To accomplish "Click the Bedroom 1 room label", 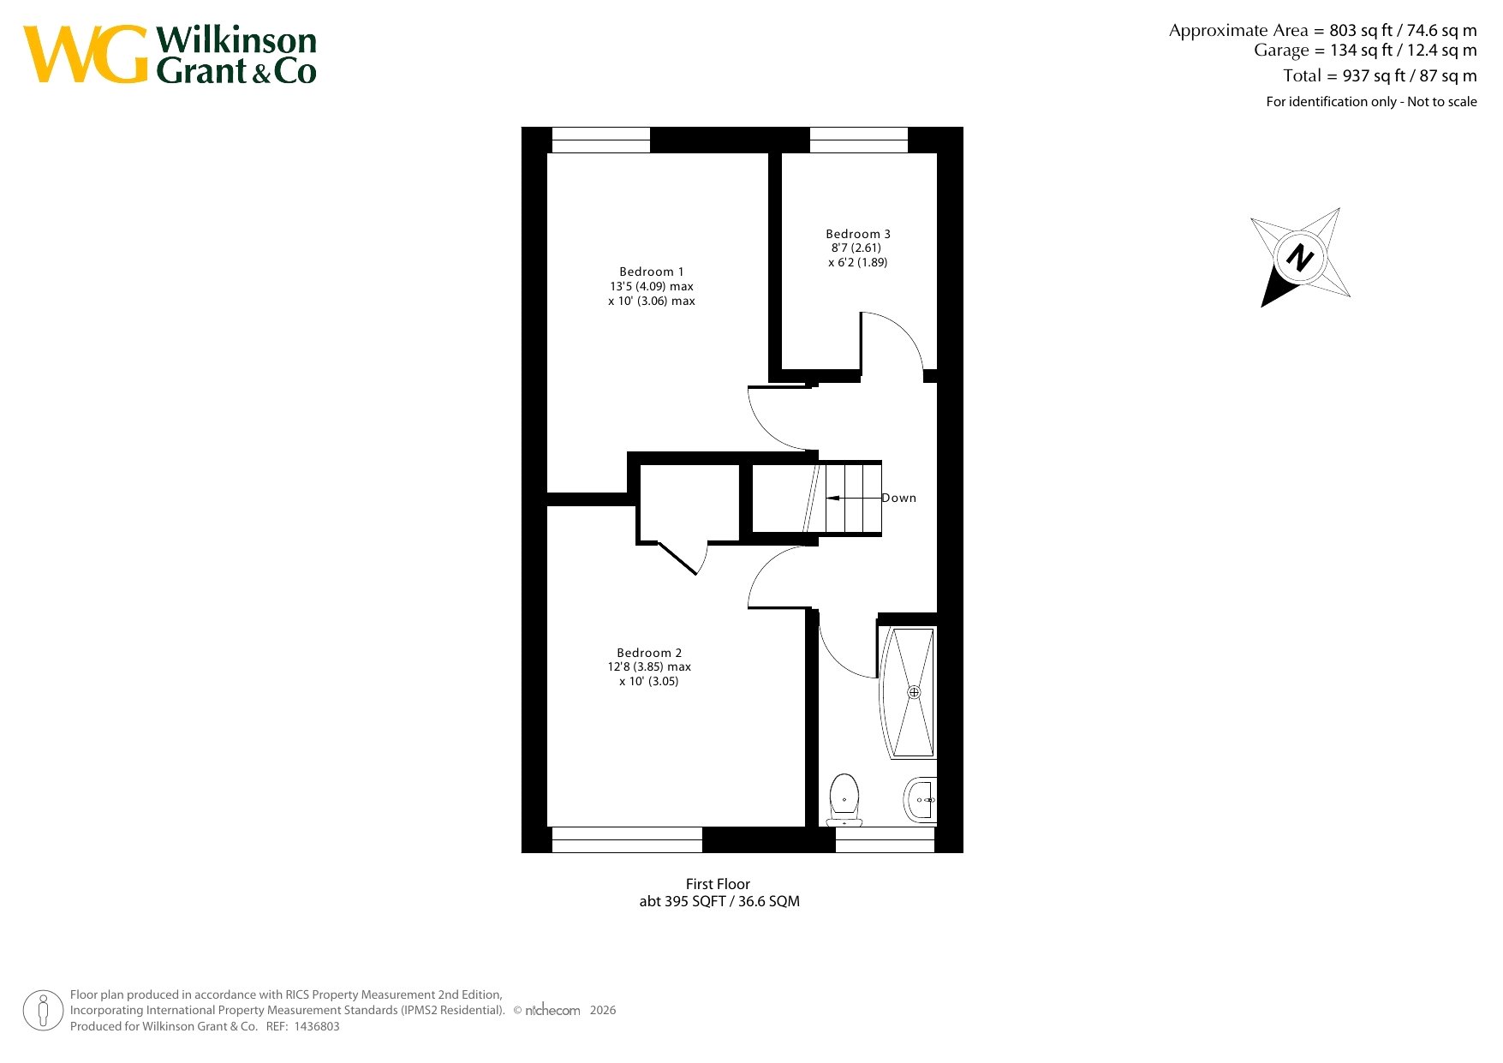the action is click(652, 272).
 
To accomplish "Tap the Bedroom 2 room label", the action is click(649, 653).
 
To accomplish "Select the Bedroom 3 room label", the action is click(858, 234).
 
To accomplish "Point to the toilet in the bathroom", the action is click(844, 799).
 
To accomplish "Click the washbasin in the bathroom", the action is click(921, 800).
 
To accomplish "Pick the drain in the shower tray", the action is click(914, 692).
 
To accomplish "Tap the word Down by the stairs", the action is click(899, 498).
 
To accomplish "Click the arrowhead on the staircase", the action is click(832, 498).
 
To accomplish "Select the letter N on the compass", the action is click(1300, 257).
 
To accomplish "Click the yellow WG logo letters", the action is click(86, 54).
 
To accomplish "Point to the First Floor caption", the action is click(718, 884).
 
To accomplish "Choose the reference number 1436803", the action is click(317, 1026).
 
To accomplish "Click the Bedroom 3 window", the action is click(859, 140).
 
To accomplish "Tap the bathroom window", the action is click(885, 839).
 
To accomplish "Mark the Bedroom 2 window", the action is click(627, 839).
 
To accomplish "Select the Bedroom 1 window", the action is click(601, 140).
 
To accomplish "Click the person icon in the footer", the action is click(44, 1011).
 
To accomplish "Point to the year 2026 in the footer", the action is click(603, 1010).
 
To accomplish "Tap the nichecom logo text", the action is click(552, 1010).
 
